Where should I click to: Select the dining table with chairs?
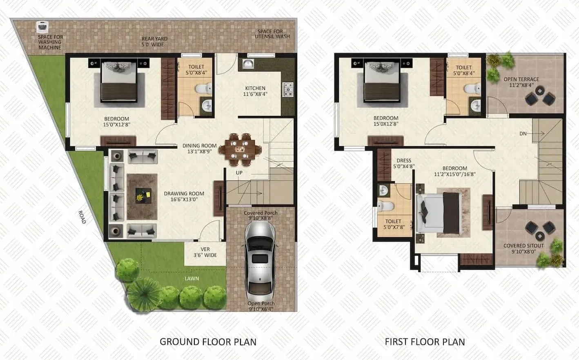pyautogui.click(x=240, y=149)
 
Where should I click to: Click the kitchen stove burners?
pyautogui.click(x=288, y=89)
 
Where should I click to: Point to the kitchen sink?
pyautogui.click(x=248, y=64)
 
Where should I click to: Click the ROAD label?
pyautogui.click(x=82, y=217)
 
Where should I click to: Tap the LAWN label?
pyautogui.click(x=192, y=278)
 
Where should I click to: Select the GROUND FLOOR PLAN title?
pyautogui.click(x=208, y=342)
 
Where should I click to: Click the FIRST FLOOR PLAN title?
pyautogui.click(x=425, y=342)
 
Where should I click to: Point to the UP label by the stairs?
pyautogui.click(x=239, y=173)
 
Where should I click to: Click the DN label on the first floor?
pyautogui.click(x=523, y=133)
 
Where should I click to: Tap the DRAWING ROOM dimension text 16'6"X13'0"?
pyautogui.click(x=184, y=200)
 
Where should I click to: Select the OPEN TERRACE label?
pyautogui.click(x=521, y=79)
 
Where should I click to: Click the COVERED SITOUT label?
pyautogui.click(x=523, y=246)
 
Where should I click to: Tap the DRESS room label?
pyautogui.click(x=404, y=161)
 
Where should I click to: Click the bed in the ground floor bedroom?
pyautogui.click(x=119, y=82)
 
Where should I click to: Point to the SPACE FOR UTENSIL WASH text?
pyautogui.click(x=272, y=34)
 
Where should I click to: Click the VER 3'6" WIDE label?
pyautogui.click(x=205, y=252)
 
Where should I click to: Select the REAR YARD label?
pyautogui.click(x=154, y=42)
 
